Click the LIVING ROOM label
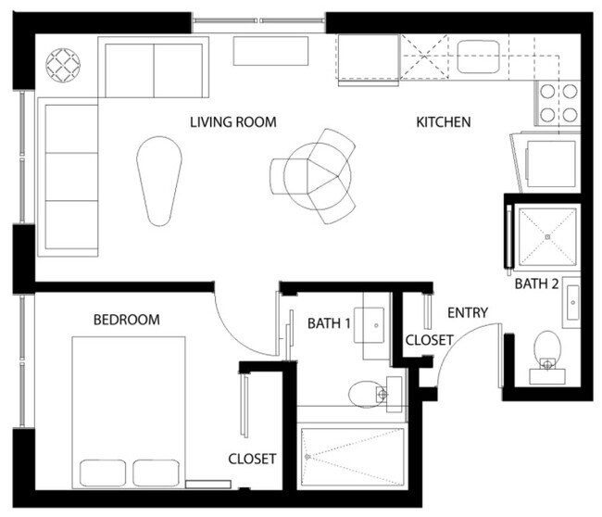(x=233, y=122)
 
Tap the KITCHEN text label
(x=443, y=122)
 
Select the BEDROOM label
(x=127, y=320)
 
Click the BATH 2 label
(x=537, y=284)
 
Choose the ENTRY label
(x=467, y=313)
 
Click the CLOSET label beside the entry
(x=430, y=340)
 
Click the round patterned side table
(x=65, y=65)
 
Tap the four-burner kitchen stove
(x=558, y=103)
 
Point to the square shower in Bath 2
(x=548, y=237)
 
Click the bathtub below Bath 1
(x=353, y=455)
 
